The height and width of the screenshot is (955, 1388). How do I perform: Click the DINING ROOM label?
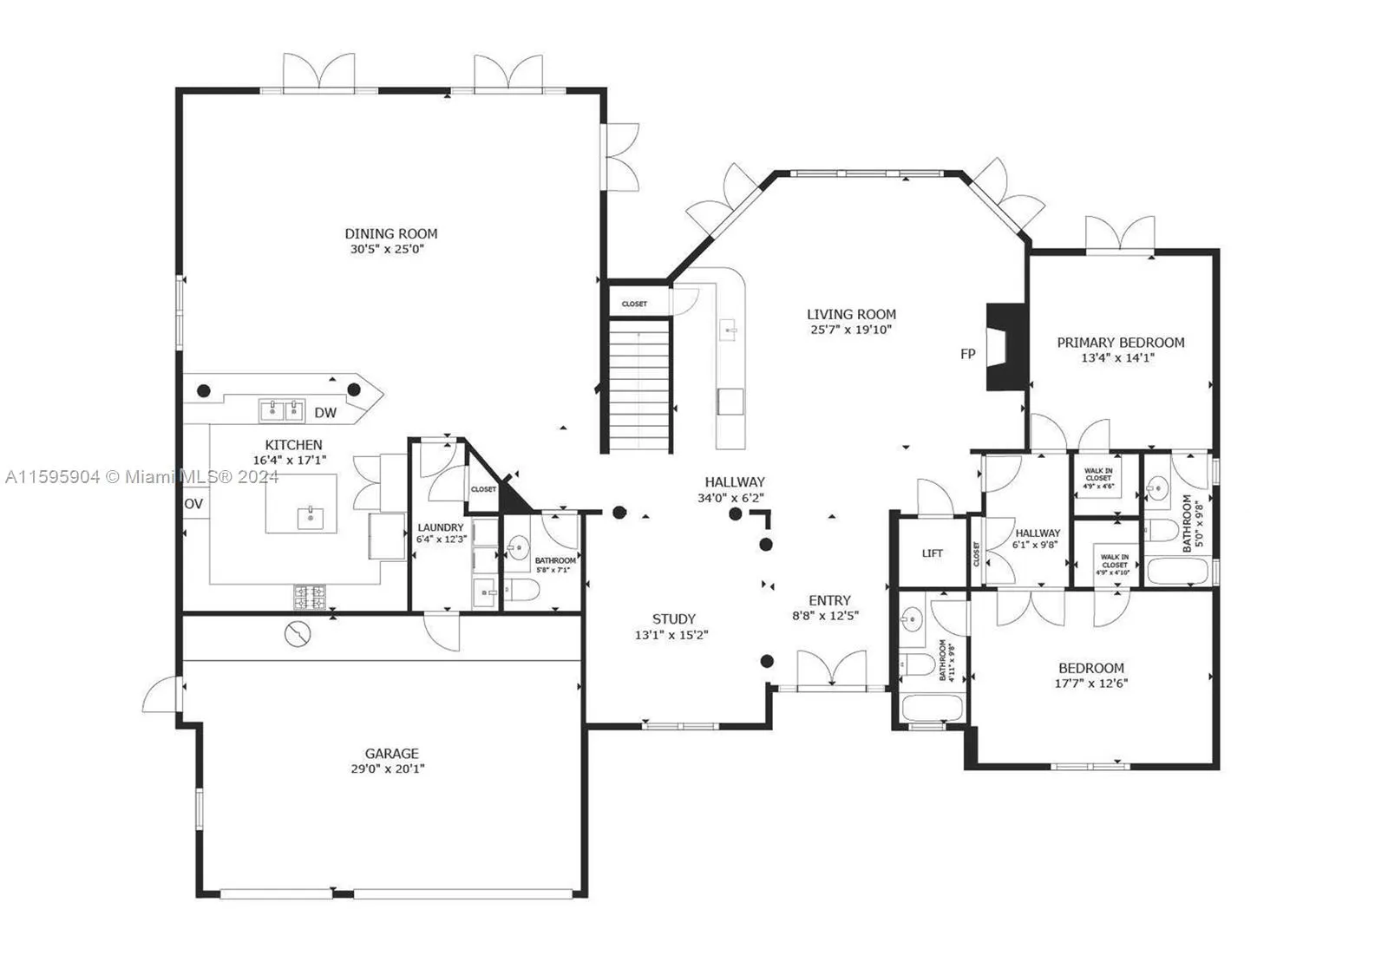coord(391,233)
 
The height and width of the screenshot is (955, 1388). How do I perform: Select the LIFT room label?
coord(933,553)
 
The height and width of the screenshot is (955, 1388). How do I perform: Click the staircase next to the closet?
coord(639,385)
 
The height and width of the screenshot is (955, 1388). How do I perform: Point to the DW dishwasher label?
coord(325,413)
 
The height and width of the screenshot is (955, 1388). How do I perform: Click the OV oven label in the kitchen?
coord(194,504)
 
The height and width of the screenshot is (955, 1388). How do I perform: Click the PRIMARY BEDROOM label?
coord(1120,343)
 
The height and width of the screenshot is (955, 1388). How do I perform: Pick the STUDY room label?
coord(674,619)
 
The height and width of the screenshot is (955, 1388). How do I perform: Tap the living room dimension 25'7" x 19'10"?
coord(851,330)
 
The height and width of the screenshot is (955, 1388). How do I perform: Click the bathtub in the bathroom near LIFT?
coord(932,708)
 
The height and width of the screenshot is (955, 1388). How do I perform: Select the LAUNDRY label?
coord(441,527)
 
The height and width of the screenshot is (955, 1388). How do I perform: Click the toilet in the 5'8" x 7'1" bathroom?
coord(522,592)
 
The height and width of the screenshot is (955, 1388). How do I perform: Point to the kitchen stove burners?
coord(311,597)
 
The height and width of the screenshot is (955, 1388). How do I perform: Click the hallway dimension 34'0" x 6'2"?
coord(730,498)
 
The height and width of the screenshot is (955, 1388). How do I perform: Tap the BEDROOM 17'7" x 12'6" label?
coord(1091,668)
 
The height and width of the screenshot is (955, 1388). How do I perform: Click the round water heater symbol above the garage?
coord(297,635)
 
